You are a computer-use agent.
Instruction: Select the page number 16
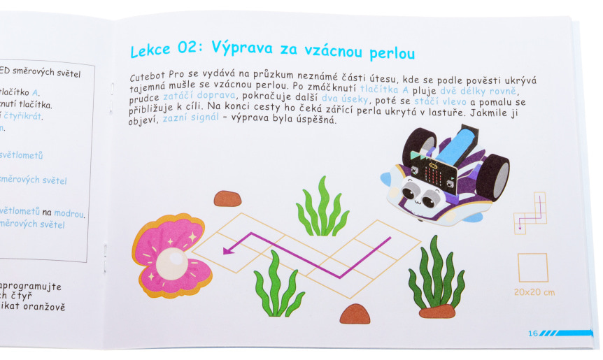[533, 333]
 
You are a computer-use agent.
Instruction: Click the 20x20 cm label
[533, 291]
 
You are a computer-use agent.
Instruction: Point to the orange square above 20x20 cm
[532, 268]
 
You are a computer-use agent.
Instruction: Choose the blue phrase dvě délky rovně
[479, 90]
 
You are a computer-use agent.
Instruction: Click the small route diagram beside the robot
[530, 212]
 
